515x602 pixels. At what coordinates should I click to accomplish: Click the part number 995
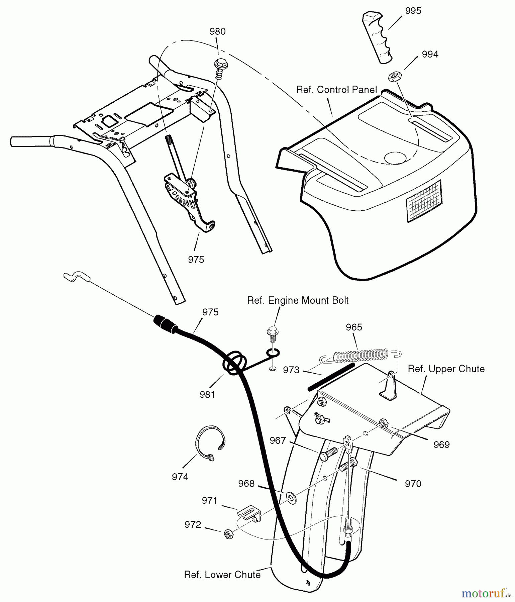pos(413,11)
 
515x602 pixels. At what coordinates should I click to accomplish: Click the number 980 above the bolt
pos(217,32)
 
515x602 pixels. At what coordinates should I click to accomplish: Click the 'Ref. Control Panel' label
pos(336,90)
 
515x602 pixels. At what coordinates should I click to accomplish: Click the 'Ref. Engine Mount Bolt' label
pos(298,300)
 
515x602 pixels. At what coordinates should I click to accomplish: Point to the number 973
pos(291,370)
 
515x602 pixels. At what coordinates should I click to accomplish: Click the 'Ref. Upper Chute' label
pos(446,369)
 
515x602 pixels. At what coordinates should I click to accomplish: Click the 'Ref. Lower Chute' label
pos(222,575)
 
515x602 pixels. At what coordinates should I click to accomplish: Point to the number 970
pos(413,484)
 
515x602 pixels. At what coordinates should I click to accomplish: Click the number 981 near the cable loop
pos(207,395)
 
